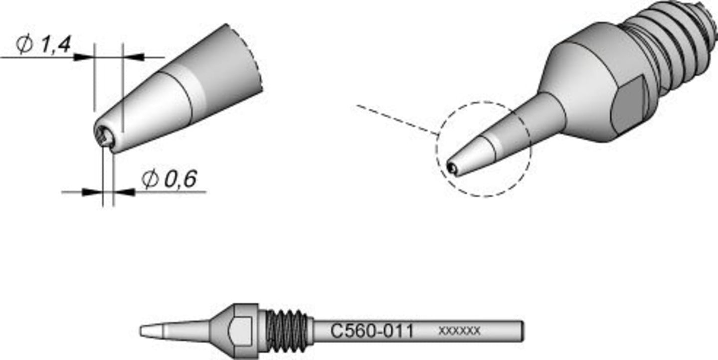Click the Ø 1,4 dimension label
(x=43, y=44)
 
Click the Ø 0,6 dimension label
(x=169, y=179)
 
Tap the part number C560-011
(x=372, y=331)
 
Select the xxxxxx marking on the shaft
(x=459, y=331)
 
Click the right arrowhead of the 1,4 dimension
(x=133, y=57)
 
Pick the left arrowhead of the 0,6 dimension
(x=92, y=192)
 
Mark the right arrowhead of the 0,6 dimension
(x=124, y=192)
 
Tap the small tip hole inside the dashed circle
(x=451, y=168)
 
